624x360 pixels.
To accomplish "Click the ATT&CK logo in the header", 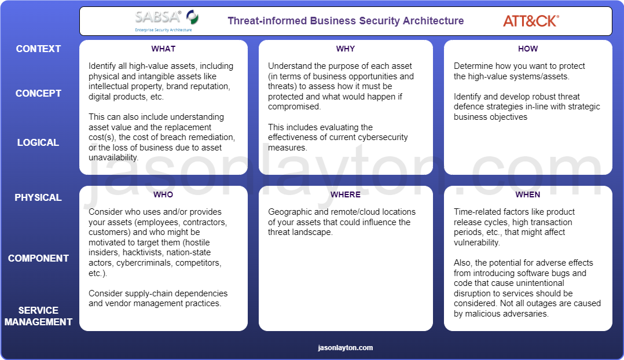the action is [530, 21].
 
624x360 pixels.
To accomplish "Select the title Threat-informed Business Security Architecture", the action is [346, 21].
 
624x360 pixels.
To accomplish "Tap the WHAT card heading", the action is [163, 49].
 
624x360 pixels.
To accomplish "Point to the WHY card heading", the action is [346, 49].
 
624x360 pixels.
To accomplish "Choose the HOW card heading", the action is [527, 49].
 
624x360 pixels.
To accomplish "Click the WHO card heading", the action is [163, 194].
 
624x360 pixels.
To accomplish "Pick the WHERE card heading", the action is [346, 194].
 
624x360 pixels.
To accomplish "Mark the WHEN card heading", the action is [527, 194].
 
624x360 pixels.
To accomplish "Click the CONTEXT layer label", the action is [38, 49].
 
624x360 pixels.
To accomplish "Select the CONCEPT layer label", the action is [38, 93].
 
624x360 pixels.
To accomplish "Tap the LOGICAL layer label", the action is [38, 142].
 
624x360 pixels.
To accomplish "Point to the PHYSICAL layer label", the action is [38, 197].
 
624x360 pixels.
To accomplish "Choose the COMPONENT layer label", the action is [38, 258].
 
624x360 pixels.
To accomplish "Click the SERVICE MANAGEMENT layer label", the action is [38, 316].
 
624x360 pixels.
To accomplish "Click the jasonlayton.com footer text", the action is [346, 348].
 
